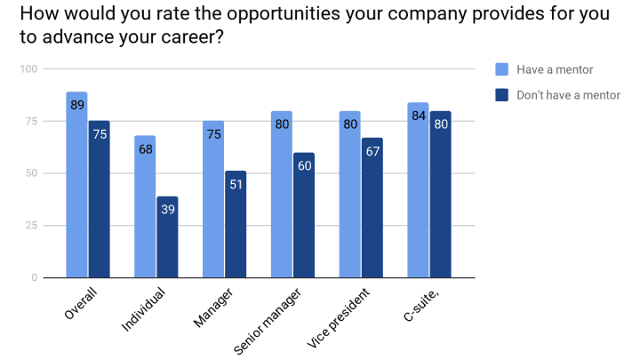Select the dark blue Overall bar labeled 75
click(x=99, y=199)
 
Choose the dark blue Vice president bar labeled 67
click(x=372, y=208)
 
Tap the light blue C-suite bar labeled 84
click(x=418, y=190)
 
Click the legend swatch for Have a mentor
click(x=501, y=69)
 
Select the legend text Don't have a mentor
click(x=569, y=95)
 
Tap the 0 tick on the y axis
click(x=34, y=278)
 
